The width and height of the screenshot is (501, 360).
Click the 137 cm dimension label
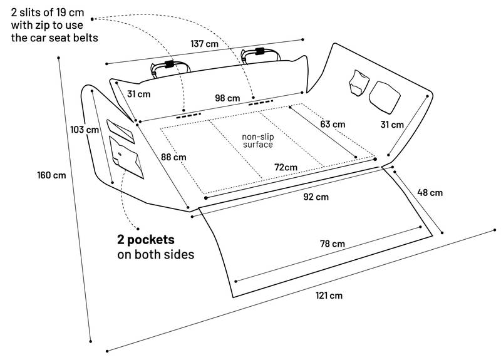(205, 43)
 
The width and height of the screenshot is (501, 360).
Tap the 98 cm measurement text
(227, 98)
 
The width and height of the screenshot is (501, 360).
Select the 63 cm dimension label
(333, 124)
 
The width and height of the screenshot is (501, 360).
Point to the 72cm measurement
(286, 167)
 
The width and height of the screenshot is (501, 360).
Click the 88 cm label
(173, 157)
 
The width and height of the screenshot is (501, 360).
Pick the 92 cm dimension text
(316, 197)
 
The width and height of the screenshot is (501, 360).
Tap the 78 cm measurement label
(333, 244)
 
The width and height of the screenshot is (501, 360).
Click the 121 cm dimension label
(329, 296)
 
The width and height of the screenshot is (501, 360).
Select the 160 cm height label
(51, 175)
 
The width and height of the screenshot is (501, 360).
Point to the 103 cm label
(85, 130)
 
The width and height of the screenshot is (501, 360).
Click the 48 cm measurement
(430, 193)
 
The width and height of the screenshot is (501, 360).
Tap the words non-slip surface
(258, 140)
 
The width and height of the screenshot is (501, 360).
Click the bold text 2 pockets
(146, 240)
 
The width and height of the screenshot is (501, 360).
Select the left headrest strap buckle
(169, 64)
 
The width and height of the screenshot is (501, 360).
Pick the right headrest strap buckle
(260, 51)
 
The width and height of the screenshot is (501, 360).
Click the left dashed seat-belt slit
(189, 115)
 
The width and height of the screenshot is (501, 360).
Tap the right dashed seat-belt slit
(261, 103)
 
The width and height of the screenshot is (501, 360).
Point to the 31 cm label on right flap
(392, 125)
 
